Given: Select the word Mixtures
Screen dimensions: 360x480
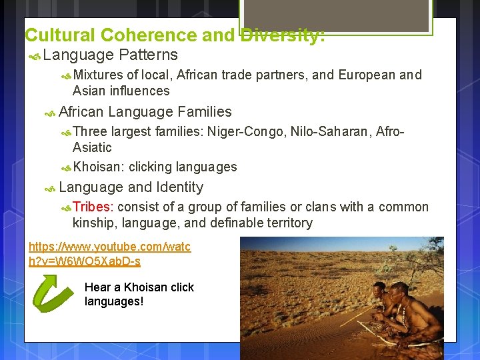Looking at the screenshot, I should pos(98,75).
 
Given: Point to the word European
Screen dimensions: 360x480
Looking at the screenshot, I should pos(367,75).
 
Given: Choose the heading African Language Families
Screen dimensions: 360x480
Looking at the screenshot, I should pos(145,112).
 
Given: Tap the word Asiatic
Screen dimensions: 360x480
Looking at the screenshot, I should pos(92,147).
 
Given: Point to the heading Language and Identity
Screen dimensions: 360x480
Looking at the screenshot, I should pos(131,187).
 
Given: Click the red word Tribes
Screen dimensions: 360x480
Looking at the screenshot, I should pos(93,207).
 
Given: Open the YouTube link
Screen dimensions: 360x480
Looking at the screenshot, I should pos(109,254).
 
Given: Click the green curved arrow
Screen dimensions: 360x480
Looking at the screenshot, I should pos(53,294).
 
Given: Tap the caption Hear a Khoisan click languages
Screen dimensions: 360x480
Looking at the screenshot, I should pos(139,294).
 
